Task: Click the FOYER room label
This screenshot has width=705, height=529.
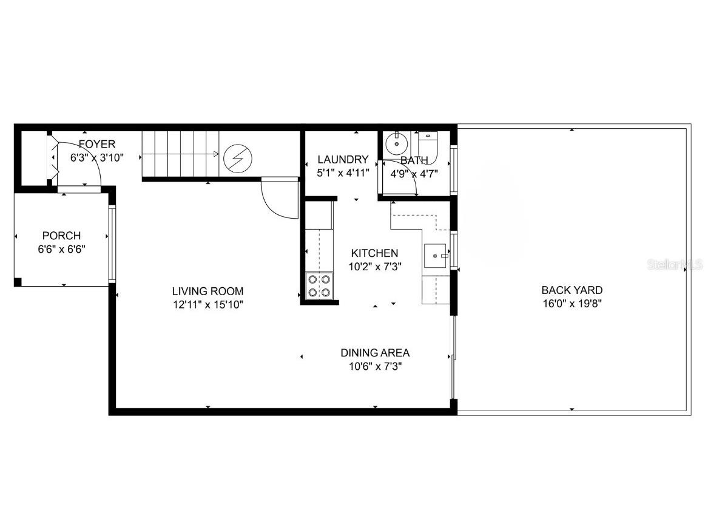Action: point(96,145)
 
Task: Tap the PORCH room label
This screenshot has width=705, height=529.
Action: point(61,236)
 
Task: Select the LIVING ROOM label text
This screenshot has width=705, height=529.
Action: point(207,291)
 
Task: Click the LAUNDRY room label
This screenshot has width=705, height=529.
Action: point(343,160)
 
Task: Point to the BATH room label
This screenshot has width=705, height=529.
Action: point(414,160)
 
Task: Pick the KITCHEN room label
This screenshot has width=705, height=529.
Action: point(375,253)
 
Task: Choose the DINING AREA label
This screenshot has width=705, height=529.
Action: point(375,352)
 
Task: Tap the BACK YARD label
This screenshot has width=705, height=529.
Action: point(572,290)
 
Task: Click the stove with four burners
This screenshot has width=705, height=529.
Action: point(319,286)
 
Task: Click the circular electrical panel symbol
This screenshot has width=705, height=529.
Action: point(234,159)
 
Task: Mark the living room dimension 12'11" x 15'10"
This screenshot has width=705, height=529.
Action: point(207,305)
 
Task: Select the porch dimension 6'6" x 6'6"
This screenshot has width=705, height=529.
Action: point(61,249)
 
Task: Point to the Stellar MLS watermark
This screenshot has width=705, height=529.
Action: point(674,265)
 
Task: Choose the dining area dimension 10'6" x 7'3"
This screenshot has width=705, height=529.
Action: point(375,366)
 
